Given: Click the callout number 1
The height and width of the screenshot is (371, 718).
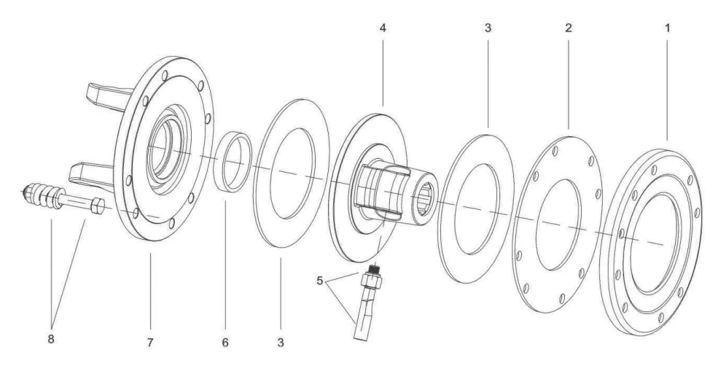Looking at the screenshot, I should [x=666, y=28].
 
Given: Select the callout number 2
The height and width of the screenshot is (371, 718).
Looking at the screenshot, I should [x=568, y=28].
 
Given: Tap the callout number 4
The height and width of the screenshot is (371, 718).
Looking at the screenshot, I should [x=383, y=28].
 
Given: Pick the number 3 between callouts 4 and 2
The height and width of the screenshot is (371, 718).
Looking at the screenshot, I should [x=488, y=28].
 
